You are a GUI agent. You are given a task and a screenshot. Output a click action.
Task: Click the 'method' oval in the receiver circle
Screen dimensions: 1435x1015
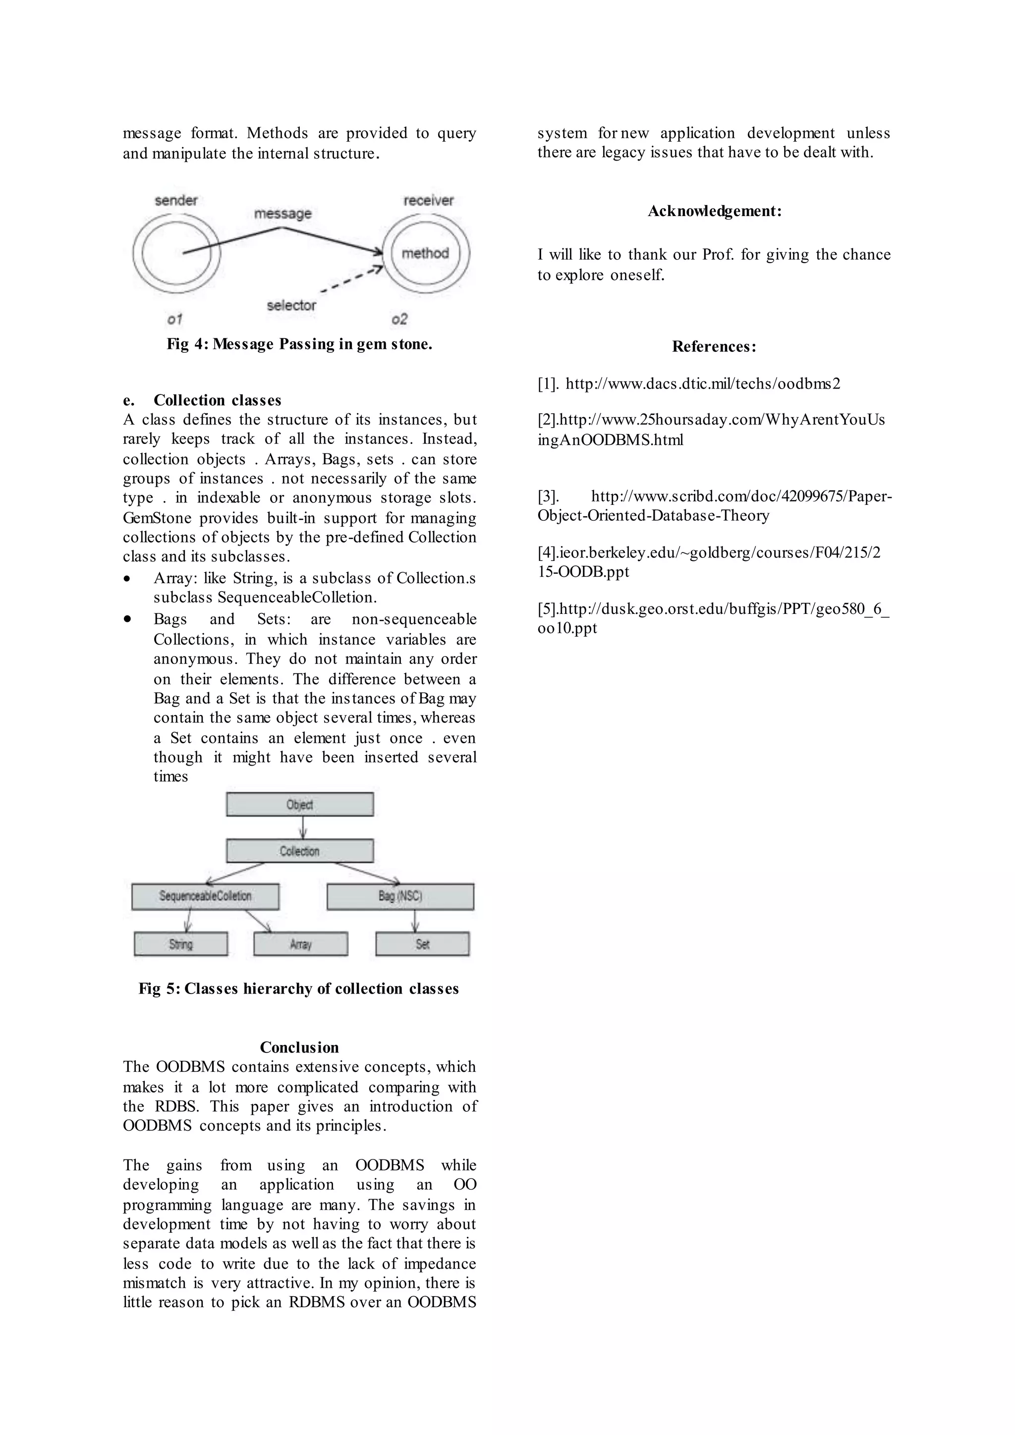pos(426,253)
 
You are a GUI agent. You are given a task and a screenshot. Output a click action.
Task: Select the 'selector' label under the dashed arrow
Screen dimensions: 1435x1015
pos(291,306)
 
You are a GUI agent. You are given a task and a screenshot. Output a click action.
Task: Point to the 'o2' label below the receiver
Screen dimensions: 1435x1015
pos(399,320)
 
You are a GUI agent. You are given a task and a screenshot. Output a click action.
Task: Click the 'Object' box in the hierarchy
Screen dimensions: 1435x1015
pos(300,804)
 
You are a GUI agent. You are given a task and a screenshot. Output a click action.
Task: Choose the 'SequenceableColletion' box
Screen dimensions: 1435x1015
pos(205,896)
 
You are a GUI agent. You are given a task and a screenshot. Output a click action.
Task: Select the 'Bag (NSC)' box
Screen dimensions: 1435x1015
pos(400,896)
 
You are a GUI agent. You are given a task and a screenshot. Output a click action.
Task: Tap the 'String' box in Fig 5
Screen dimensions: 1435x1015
pos(180,944)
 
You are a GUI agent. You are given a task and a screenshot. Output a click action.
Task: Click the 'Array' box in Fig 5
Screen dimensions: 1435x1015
pos(301,944)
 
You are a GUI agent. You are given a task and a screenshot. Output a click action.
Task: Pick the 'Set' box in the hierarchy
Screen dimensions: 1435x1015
pos(422,944)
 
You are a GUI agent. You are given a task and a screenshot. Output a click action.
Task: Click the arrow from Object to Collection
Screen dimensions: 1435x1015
pos(303,828)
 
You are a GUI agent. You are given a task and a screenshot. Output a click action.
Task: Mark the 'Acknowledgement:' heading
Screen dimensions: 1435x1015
pos(714,211)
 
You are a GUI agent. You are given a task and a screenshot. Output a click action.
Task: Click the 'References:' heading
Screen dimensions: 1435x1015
pos(714,347)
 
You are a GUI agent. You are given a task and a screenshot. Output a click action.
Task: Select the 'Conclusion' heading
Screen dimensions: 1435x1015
pos(299,1048)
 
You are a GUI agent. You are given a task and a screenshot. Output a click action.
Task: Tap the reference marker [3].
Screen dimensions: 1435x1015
pos(548,497)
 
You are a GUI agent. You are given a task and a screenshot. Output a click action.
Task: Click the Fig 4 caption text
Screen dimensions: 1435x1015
pos(299,344)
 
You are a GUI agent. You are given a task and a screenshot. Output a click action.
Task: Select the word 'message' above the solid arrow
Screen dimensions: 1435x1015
pos(282,213)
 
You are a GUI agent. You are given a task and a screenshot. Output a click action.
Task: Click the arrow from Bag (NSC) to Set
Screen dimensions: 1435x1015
pos(415,921)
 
